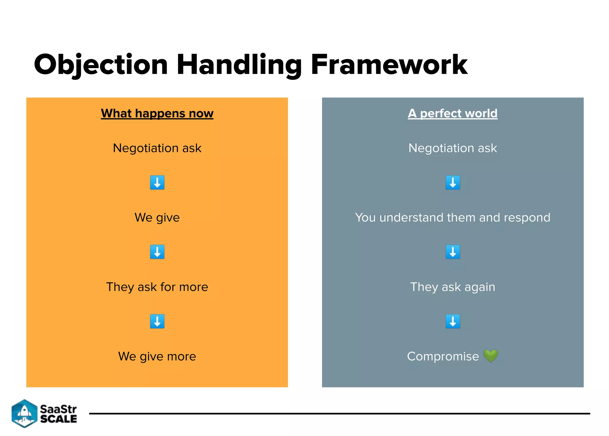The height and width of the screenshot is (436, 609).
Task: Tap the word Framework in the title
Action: (x=389, y=65)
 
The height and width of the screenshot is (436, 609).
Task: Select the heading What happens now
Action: (x=157, y=113)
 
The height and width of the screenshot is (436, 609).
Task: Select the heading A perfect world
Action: (x=452, y=113)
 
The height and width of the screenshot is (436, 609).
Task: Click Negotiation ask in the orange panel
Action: (x=157, y=148)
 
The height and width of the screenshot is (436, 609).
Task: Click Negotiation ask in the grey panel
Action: (x=452, y=148)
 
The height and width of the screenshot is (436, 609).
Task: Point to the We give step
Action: (x=157, y=217)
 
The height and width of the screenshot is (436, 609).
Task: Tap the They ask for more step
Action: (x=157, y=287)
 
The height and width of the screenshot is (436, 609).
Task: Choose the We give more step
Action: (x=157, y=356)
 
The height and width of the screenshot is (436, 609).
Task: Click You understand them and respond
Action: (x=452, y=217)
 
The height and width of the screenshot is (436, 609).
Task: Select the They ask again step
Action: (x=452, y=287)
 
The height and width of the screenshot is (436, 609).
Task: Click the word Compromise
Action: (x=443, y=356)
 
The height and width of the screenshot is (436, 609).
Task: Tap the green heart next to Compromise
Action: (x=490, y=356)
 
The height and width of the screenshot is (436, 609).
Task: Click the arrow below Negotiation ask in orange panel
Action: (x=157, y=182)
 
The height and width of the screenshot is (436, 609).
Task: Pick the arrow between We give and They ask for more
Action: (x=157, y=252)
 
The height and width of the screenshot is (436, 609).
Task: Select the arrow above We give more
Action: (x=157, y=321)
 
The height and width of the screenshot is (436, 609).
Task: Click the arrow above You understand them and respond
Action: (x=453, y=182)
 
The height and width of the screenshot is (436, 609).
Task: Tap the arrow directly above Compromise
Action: (x=453, y=321)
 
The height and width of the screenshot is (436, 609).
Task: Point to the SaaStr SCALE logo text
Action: (x=58, y=414)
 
